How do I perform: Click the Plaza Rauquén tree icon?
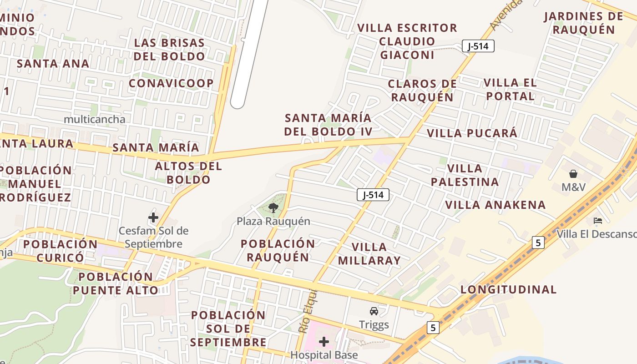coord(273,208)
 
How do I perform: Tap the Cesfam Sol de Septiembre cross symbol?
coord(153,217)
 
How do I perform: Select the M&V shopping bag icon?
coord(573,174)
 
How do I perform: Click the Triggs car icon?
coord(374,311)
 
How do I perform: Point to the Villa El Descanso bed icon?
coord(598,221)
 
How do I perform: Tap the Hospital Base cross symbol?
coord(324,341)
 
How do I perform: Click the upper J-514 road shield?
coord(478,46)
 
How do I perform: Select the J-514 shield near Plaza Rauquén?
coord(373,195)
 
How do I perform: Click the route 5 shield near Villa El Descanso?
coord(538,243)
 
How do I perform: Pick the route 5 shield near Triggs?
coord(433,327)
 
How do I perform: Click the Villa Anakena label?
coord(495,205)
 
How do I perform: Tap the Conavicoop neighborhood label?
coord(171,83)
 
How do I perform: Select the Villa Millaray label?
coord(376,254)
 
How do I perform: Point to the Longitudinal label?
coord(508,289)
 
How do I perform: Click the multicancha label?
coord(95,120)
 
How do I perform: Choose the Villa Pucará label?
coord(472,133)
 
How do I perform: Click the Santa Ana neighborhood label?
coord(53,63)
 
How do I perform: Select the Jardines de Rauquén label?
coord(583,23)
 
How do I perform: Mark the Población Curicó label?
coord(61,251)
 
